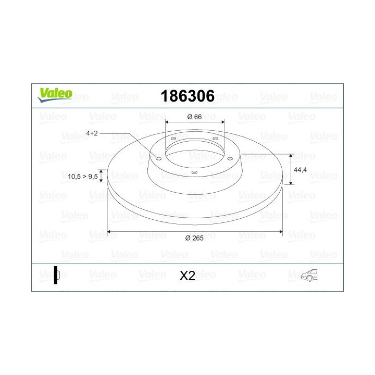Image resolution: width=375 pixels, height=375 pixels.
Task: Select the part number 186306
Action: click(x=187, y=96)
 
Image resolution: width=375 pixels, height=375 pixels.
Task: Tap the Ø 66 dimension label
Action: click(x=195, y=117)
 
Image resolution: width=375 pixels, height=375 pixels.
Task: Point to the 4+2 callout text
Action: click(x=92, y=133)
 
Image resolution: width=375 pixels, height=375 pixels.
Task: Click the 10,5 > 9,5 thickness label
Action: click(x=83, y=177)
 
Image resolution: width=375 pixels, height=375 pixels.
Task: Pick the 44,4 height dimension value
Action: click(x=301, y=170)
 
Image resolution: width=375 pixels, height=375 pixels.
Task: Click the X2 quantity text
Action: click(x=187, y=276)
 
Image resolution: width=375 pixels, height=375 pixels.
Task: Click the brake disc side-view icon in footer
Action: click(x=57, y=275)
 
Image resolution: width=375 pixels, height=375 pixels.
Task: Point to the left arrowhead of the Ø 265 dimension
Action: click(x=109, y=232)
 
